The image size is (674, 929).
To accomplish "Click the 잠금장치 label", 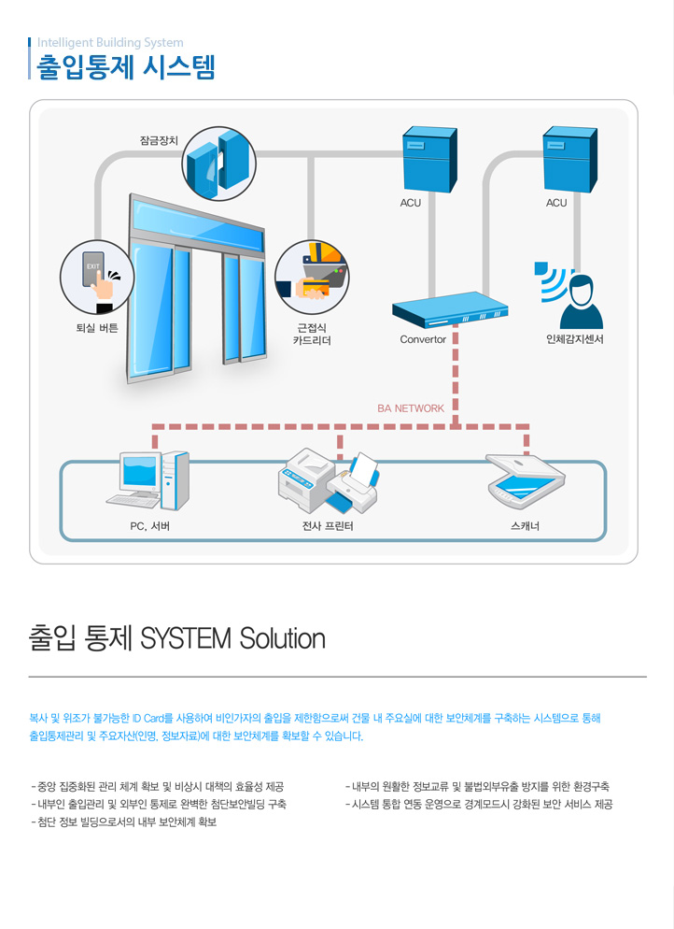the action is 159,140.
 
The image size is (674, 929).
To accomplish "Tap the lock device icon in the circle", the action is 219,164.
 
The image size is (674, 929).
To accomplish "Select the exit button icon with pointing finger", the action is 97,278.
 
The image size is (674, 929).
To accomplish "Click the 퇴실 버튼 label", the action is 97,328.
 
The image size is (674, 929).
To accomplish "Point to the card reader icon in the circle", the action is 312,277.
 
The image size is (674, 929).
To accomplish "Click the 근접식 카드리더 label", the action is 312,335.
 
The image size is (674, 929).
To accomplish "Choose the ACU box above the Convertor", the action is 429,159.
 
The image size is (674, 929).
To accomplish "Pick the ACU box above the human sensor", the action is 569,159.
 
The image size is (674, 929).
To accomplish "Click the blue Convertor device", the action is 450,309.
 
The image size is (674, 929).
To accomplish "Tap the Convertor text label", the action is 423,339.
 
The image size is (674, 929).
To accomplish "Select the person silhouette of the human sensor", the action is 581,302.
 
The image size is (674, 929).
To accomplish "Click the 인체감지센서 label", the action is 575,339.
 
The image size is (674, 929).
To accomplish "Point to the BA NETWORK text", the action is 411,408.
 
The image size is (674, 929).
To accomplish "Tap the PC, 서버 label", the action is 149,526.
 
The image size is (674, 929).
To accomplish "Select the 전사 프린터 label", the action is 328,526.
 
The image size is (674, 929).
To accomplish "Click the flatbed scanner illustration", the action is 525,481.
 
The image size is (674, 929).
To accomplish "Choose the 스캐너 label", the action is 525,526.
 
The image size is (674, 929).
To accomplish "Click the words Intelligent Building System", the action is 110,43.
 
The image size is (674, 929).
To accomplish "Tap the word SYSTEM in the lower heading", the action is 185,638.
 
